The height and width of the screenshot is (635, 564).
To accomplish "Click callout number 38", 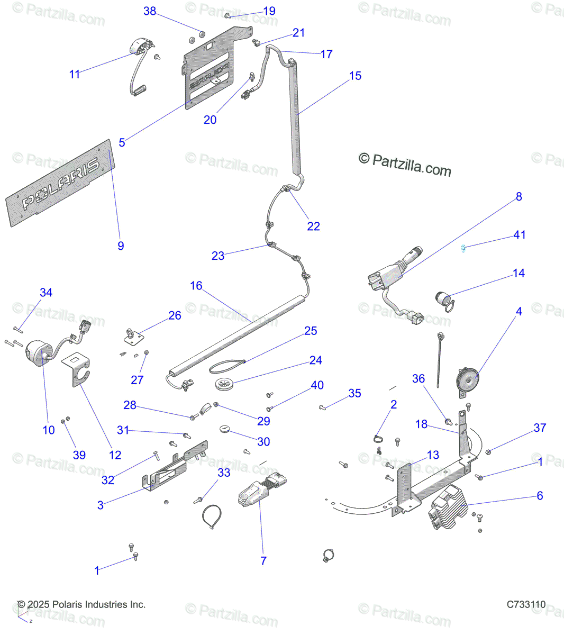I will click(x=150, y=11).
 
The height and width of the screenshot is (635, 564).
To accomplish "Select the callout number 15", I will click(x=355, y=76).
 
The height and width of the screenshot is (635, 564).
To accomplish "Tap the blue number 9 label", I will click(x=121, y=246).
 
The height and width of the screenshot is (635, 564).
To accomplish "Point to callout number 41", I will click(x=520, y=235).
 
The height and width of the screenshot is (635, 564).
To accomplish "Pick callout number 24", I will click(x=315, y=360).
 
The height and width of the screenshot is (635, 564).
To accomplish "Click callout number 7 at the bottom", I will click(x=263, y=561).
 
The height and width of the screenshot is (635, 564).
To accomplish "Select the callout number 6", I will click(x=540, y=496).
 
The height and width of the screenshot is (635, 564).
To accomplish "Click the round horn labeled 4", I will click(x=468, y=378).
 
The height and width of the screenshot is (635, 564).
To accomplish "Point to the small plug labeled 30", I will click(x=226, y=428).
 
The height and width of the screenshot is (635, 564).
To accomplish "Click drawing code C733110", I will click(x=526, y=604).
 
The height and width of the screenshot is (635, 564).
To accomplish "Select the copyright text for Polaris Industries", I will click(x=81, y=604).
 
